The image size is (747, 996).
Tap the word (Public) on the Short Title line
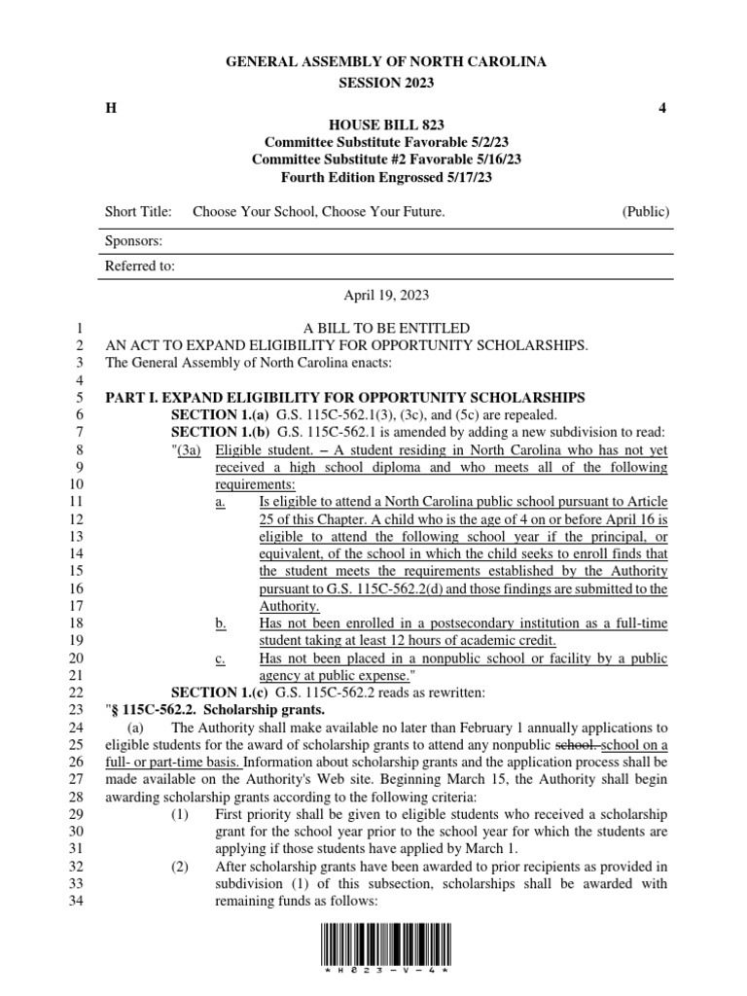click(645, 211)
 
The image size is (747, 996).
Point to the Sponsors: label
click(133, 240)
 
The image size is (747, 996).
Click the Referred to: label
click(140, 265)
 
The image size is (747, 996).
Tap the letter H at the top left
click(110, 108)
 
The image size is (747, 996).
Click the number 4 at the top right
click(662, 108)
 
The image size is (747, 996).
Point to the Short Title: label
click(138, 211)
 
